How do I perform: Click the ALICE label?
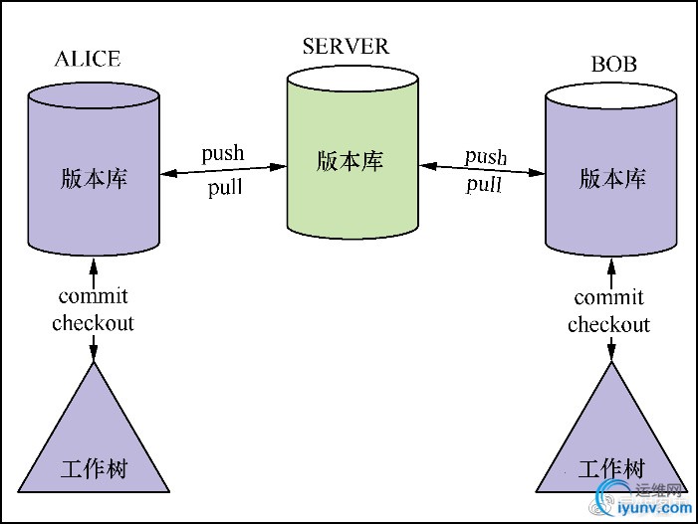pyautogui.click(x=87, y=59)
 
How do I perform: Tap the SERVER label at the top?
pyautogui.click(x=346, y=46)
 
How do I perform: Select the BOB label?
pyautogui.click(x=613, y=66)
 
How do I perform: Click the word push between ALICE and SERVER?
pyautogui.click(x=222, y=154)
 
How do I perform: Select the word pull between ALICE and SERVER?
pyautogui.click(x=224, y=188)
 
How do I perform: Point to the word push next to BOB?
pyautogui.click(x=486, y=157)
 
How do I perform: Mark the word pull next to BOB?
pyautogui.click(x=484, y=185)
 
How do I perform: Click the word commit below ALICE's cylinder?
pyautogui.click(x=94, y=296)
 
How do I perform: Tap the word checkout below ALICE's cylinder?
pyautogui.click(x=93, y=323)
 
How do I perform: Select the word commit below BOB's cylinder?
pyautogui.click(x=609, y=297)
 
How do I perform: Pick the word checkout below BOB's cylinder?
pyautogui.click(x=608, y=325)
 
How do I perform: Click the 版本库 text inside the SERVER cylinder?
pyautogui.click(x=349, y=161)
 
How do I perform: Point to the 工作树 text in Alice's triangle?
pyautogui.click(x=95, y=467)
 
